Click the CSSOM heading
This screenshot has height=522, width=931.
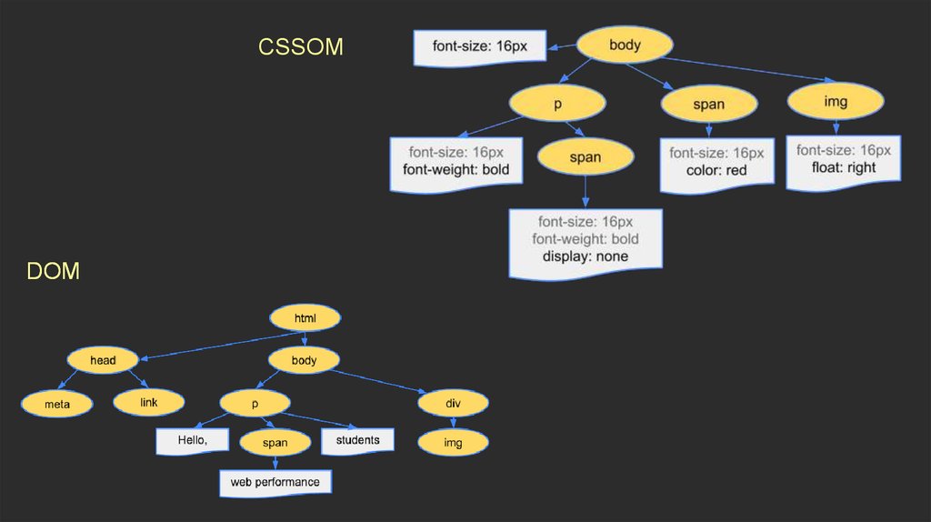click(x=301, y=46)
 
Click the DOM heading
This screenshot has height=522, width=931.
click(x=53, y=270)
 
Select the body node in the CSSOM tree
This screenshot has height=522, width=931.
click(x=625, y=45)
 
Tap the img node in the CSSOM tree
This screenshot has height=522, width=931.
click(x=836, y=101)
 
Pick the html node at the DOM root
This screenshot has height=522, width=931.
click(x=305, y=317)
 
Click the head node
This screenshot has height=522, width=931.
click(x=102, y=360)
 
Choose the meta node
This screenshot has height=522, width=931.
click(x=57, y=403)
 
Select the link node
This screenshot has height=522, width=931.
click(x=149, y=401)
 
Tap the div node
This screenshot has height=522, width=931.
click(x=453, y=402)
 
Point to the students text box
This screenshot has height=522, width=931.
click(x=357, y=441)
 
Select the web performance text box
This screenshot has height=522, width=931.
click(x=275, y=482)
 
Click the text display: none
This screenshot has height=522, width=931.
click(x=586, y=256)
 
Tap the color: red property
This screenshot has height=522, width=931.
click(x=716, y=170)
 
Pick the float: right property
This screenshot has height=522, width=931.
click(x=844, y=167)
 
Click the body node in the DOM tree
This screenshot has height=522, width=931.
click(x=304, y=360)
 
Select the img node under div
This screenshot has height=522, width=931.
click(x=453, y=443)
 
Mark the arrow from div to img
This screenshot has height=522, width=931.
click(x=453, y=422)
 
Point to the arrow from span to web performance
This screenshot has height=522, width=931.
click(x=275, y=462)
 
